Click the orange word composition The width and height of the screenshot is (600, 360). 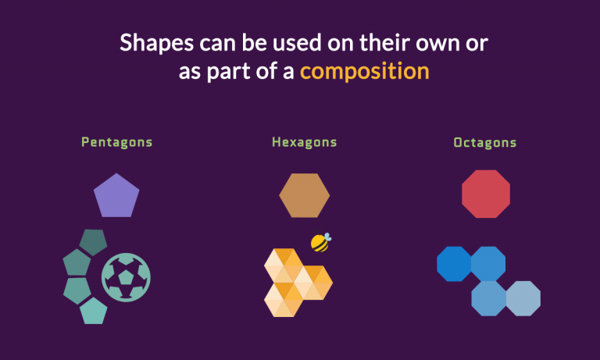click(364, 71)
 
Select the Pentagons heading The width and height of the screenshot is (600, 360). click(116, 142)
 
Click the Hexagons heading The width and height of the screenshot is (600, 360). click(304, 142)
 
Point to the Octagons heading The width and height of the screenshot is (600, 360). click(484, 143)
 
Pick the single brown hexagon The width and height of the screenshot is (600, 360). click(304, 195)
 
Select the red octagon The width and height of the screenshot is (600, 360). click(485, 194)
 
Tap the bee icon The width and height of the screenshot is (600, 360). click(320, 242)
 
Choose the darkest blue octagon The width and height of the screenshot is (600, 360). click(454, 263)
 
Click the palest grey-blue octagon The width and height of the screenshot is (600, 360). click(523, 298)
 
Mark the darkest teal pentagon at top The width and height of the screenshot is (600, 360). click(93, 243)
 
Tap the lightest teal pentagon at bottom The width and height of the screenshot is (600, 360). click(93, 310)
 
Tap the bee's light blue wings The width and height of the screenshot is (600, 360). click(326, 237)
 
